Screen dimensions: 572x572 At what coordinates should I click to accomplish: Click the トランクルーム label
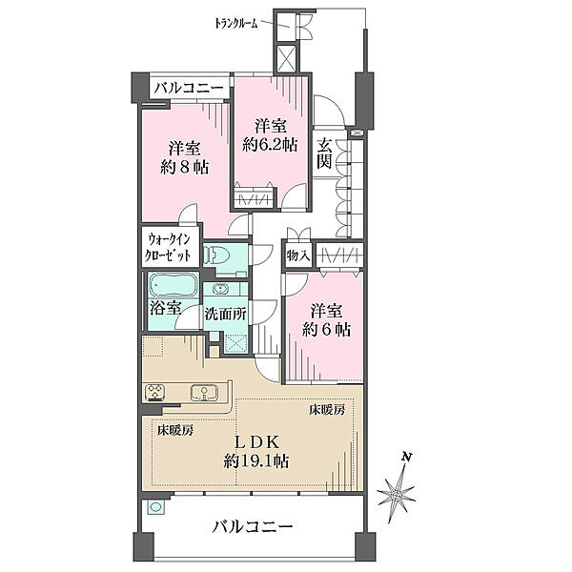(236, 24)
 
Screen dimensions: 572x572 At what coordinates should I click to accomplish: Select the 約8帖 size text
(185, 168)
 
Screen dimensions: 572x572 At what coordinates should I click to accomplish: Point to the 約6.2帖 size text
(271, 145)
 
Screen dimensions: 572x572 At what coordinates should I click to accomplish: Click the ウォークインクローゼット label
(168, 247)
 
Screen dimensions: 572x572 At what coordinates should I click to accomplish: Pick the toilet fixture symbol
(215, 255)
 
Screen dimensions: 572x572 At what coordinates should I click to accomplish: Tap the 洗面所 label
(225, 314)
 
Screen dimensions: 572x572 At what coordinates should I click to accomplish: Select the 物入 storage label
(297, 255)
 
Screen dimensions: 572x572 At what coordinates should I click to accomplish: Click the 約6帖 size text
(326, 330)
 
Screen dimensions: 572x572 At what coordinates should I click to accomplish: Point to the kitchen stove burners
(155, 393)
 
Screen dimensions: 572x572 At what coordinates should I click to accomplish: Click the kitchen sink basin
(204, 393)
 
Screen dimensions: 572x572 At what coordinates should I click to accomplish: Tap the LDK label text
(256, 442)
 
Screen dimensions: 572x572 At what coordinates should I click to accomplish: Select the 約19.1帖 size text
(256, 461)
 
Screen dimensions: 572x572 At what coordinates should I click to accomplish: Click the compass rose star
(397, 496)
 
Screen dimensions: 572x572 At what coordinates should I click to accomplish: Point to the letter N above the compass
(406, 457)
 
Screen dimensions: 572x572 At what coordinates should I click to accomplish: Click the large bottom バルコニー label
(253, 527)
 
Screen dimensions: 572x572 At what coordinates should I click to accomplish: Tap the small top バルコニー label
(189, 89)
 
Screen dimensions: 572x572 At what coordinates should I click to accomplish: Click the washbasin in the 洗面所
(219, 289)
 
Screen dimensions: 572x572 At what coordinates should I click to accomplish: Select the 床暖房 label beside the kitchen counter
(175, 431)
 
